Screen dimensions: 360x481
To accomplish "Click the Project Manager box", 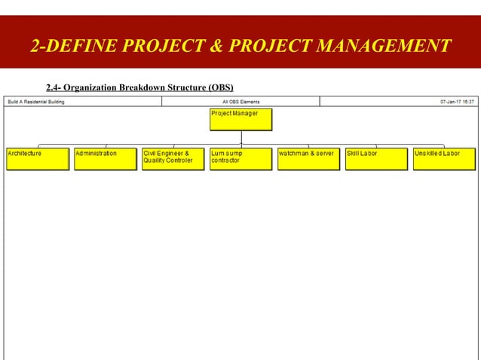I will coord(240,120).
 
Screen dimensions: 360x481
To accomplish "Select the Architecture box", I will coord(38,158).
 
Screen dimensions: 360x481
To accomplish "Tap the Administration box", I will coord(106,158).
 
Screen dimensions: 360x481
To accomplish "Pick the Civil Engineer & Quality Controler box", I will coord(173,158).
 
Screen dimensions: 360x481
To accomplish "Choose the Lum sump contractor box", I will coord(240,158).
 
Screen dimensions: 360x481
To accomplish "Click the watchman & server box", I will coord(308,158).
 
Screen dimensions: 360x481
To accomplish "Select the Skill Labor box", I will coord(376,158).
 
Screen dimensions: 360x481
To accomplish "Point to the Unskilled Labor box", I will coord(444,158).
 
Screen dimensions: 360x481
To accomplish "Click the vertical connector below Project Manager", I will coord(241,137).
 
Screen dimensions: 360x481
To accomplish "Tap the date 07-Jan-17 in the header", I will coord(450,102).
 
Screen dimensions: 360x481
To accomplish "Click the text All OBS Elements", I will coord(240,102).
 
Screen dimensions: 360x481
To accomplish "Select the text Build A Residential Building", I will coord(35,102).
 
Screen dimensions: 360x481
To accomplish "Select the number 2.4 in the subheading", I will coord(54,87).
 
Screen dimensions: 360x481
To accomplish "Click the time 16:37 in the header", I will coord(468,102).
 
